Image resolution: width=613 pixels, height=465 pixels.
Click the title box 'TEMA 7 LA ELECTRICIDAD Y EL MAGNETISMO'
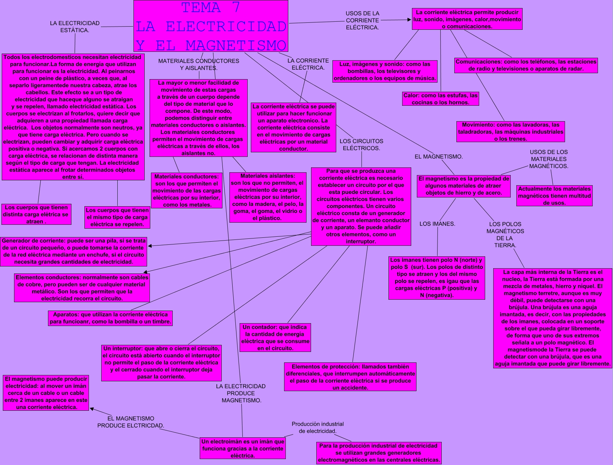coord(211,26)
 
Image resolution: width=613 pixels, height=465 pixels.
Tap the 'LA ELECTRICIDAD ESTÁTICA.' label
coord(75,27)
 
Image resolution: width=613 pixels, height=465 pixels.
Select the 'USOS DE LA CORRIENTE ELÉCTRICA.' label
coord(363,20)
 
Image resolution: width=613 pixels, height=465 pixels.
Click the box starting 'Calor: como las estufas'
coord(441,99)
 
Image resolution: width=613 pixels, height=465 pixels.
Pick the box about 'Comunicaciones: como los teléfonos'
coord(526,65)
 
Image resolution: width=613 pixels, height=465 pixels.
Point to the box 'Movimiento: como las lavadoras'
coord(511,132)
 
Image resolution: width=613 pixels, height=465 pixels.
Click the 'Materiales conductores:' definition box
coord(187,190)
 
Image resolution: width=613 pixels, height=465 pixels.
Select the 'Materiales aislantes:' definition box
coord(268,197)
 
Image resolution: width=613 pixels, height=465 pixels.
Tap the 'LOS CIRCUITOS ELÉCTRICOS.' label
coord(361,145)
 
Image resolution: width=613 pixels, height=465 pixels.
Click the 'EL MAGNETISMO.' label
coord(439,157)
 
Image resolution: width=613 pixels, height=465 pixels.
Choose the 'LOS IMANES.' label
coord(437,224)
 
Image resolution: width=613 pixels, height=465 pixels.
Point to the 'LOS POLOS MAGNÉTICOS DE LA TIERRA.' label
coord(505,235)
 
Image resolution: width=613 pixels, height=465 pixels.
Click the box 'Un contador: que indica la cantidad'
coord(275,338)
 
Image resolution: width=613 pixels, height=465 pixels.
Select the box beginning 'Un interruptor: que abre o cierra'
coord(161,363)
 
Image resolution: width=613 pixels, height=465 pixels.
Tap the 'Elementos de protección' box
coord(350,377)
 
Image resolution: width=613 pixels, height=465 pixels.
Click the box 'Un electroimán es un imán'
coord(242,449)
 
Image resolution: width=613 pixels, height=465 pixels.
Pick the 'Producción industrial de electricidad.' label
coord(318,428)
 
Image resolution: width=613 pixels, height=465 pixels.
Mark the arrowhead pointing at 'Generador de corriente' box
coord(150,246)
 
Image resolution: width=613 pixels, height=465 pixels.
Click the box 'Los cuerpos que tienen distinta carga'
coord(36,214)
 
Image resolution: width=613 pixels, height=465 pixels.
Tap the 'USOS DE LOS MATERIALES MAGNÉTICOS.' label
coord(549,159)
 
